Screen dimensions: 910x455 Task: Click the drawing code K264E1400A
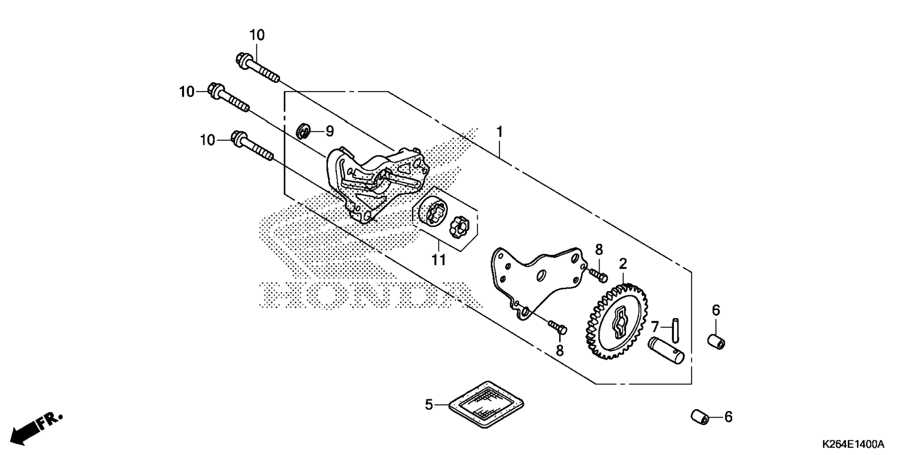click(853, 444)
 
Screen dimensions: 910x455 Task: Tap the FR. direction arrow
click(36, 428)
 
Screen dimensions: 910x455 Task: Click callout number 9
click(329, 131)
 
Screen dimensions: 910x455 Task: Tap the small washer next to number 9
click(303, 131)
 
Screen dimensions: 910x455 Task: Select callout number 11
click(438, 260)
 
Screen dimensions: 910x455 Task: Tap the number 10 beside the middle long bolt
click(187, 91)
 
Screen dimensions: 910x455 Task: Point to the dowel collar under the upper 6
click(717, 341)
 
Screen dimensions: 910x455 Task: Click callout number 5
click(428, 405)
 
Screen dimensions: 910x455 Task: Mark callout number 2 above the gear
click(623, 264)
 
